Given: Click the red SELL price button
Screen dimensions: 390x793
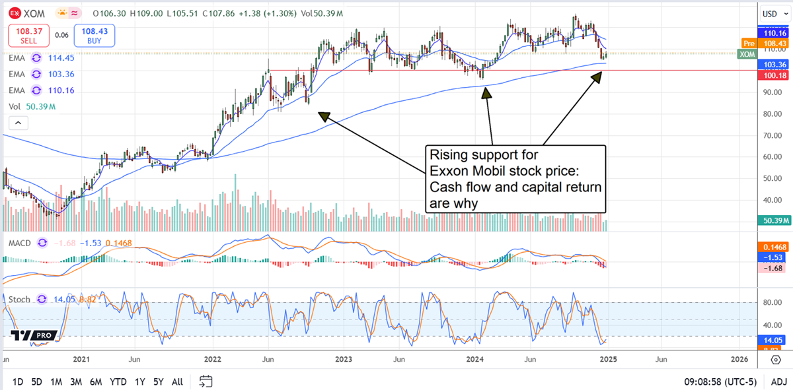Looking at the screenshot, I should [27, 35].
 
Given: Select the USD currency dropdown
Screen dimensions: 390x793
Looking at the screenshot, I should [770, 13].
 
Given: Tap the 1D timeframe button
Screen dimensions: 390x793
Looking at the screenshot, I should [18, 381].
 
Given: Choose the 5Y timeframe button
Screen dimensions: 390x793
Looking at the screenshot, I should [159, 381].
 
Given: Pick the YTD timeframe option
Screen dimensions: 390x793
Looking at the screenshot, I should [118, 381].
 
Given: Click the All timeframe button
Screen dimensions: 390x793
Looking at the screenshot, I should [177, 381].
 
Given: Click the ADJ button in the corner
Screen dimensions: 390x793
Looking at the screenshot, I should [778, 381].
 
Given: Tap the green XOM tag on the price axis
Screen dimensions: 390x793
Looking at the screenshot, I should [745, 53].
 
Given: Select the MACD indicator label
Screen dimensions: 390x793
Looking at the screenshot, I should [20, 243].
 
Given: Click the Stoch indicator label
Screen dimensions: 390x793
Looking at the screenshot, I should [19, 299].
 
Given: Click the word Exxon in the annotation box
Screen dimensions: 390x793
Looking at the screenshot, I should [451, 172].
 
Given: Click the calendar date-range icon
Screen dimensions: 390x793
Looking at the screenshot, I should [206, 381].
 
